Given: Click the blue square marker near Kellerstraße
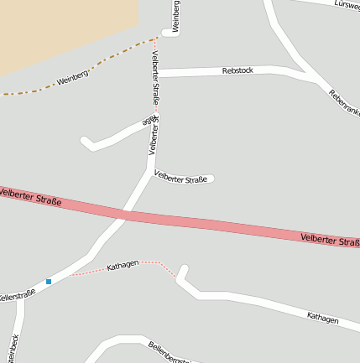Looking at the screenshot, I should (x=49, y=282).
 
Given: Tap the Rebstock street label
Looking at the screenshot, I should (x=237, y=71).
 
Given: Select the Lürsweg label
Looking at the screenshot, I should (x=346, y=4).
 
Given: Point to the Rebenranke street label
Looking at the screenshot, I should (x=343, y=104).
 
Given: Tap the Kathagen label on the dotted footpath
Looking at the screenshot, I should (x=123, y=267).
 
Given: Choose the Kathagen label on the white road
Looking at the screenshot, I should (x=322, y=318).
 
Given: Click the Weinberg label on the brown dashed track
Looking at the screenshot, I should (x=72, y=80).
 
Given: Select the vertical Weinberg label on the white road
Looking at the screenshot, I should (x=176, y=17).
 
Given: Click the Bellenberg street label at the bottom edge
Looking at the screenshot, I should (x=169, y=351).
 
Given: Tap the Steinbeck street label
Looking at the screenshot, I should (x=12, y=347).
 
